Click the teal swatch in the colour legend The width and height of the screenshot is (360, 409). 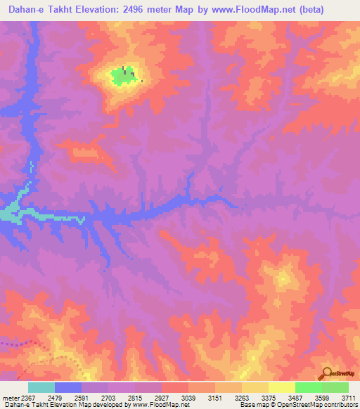pos(41,387)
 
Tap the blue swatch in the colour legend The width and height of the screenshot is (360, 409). pos(68,387)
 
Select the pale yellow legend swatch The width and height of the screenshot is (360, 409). pos(281,387)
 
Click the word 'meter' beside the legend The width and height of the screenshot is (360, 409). pos(11,398)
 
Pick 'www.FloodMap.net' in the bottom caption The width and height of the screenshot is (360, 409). pos(162,405)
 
